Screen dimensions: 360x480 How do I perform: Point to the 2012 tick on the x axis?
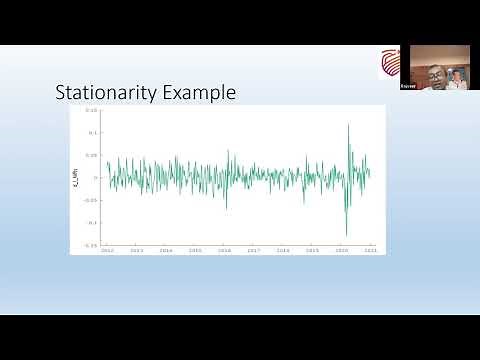pos(107,250)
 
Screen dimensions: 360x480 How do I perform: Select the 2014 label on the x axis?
pos(166,250)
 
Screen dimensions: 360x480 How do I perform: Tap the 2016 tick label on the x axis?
pos(224,250)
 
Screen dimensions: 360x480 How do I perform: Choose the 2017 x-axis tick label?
pos(254,250)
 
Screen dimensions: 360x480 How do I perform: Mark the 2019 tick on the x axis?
pos(312,250)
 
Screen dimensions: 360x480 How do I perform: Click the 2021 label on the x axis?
pos(370,250)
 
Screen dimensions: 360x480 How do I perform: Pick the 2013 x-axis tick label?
pos(137,250)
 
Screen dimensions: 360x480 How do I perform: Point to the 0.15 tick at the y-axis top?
pos(91,110)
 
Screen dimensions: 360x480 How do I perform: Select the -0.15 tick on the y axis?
pos(90,244)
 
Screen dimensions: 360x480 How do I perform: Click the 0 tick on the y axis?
pos(95,177)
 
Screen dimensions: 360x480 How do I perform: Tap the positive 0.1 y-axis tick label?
pos(92,132)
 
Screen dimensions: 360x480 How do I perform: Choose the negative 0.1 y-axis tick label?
pos(91,222)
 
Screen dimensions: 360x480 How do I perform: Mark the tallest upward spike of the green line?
pos(348,124)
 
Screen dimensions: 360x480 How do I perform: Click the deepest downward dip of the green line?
pos(346,235)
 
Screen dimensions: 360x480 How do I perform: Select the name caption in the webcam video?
pos(410,88)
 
